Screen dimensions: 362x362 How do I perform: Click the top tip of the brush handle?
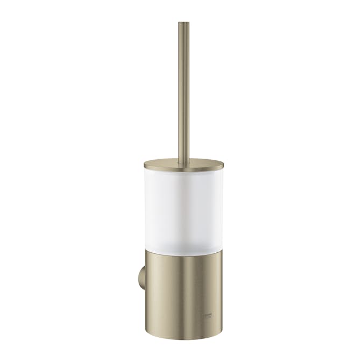[x=183, y=24]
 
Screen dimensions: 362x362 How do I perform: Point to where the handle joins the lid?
[x=183, y=159]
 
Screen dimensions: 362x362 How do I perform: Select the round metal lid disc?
[x=183, y=164]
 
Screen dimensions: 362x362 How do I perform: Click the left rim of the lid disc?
[x=145, y=165]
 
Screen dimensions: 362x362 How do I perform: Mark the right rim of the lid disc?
[x=222, y=165]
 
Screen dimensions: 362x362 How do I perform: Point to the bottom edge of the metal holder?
[x=183, y=339]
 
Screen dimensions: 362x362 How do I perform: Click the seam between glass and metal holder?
[x=183, y=249]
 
